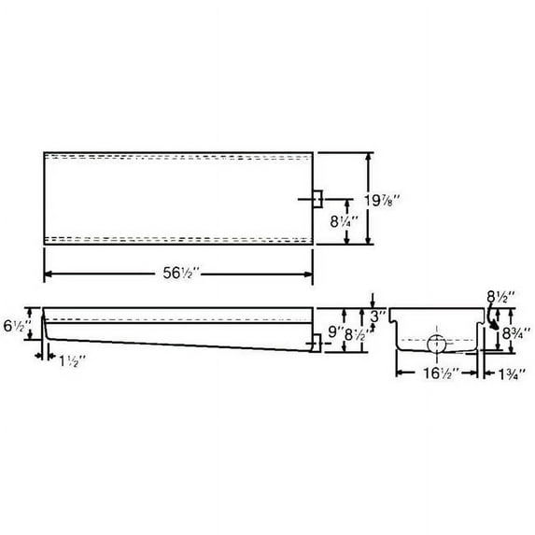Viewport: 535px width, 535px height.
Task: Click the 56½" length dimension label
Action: pyautogui.click(x=178, y=274)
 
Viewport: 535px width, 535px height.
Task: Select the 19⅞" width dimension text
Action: pyautogui.click(x=390, y=197)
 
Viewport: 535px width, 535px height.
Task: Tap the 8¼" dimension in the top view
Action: pyautogui.click(x=361, y=224)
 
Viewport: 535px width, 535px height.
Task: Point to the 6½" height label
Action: pyautogui.click(x=17, y=328)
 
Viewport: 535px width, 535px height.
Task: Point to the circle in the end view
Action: pyautogui.click(x=437, y=343)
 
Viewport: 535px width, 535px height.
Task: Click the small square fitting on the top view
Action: pyautogui.click(x=317, y=199)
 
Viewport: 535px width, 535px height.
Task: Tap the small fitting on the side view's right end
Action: pyautogui.click(x=317, y=343)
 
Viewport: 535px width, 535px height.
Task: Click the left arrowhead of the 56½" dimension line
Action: pyautogui.click(x=48, y=274)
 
